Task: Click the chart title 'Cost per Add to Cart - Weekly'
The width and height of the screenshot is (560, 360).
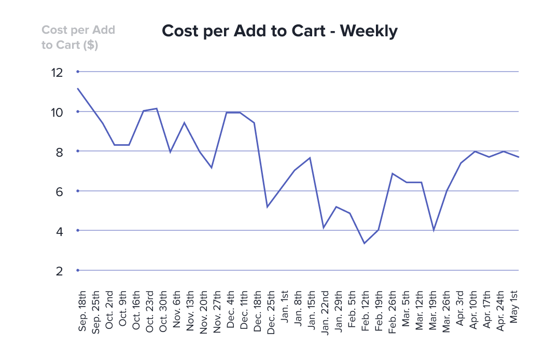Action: (279, 31)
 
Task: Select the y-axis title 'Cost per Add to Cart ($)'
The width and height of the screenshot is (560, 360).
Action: (78, 37)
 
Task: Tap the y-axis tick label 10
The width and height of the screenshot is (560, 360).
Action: (57, 113)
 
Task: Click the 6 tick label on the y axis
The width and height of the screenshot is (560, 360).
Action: (59, 192)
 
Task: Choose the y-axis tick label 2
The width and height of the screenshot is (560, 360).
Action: (59, 271)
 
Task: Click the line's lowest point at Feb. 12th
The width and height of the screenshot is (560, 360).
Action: (365, 243)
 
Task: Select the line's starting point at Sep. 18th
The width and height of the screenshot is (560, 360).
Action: (78, 88)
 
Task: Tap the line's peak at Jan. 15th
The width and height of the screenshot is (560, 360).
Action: (310, 158)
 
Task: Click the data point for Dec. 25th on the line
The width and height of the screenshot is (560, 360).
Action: (267, 207)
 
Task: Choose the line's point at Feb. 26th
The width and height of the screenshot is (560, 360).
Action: (393, 173)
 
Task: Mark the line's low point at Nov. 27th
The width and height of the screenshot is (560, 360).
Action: (212, 168)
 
